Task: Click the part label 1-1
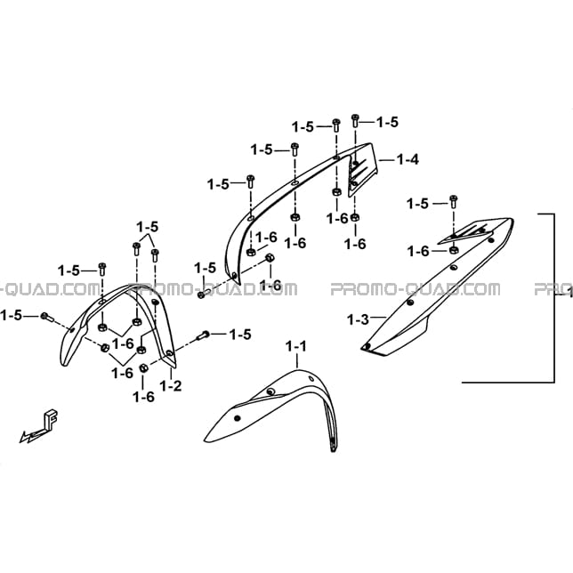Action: (296, 346)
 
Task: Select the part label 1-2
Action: (171, 385)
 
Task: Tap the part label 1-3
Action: (358, 319)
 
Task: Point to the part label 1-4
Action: (408, 159)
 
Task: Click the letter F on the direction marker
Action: (51, 420)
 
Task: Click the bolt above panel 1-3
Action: (454, 201)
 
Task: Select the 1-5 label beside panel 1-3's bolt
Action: (417, 204)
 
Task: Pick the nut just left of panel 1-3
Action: (454, 250)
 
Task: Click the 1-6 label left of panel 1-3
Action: (418, 252)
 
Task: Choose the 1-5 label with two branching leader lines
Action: (148, 227)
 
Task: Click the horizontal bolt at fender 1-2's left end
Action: (47, 317)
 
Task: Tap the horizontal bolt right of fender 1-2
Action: (203, 335)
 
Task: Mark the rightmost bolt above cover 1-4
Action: (355, 121)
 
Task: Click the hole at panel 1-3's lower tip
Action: (367, 346)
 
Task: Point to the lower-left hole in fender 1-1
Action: (238, 418)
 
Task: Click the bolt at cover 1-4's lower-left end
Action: (204, 294)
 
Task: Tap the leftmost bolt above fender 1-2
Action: (102, 269)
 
